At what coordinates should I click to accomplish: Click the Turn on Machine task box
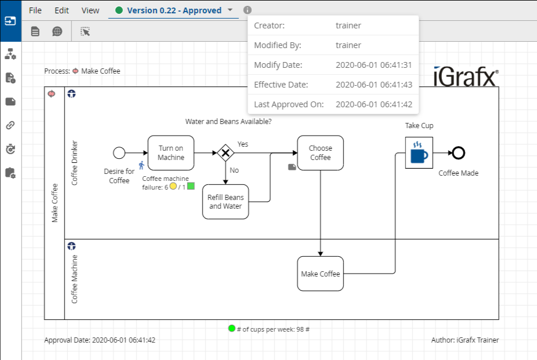click(170, 153)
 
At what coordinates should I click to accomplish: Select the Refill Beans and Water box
click(226, 202)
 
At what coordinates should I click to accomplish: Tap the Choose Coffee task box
click(320, 153)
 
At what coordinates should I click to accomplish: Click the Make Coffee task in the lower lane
click(320, 274)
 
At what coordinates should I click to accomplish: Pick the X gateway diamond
click(226, 153)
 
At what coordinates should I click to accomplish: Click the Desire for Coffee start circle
click(119, 153)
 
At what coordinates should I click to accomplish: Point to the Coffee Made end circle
click(458, 153)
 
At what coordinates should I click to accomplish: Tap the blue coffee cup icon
click(419, 153)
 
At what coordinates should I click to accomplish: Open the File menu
click(35, 10)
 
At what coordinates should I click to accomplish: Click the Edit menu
click(61, 10)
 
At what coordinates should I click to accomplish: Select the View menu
click(90, 10)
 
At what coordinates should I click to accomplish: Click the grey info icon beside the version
click(248, 10)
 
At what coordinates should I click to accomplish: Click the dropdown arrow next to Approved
click(230, 10)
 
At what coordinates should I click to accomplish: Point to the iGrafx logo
click(466, 76)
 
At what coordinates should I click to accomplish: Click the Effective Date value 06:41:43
click(373, 85)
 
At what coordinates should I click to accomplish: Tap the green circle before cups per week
click(232, 329)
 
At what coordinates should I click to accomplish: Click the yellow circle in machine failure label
click(173, 187)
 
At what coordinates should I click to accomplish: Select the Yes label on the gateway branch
click(242, 144)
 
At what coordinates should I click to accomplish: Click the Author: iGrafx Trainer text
click(465, 340)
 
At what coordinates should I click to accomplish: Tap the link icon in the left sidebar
click(10, 125)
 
